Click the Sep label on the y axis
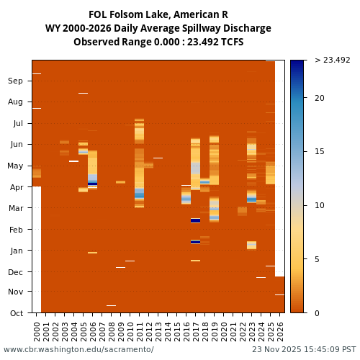point(15,81)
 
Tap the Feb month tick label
point(15,230)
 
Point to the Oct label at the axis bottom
point(15,312)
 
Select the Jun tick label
point(15,144)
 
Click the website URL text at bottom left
point(78,349)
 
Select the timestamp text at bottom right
point(304,349)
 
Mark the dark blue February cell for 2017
point(195,220)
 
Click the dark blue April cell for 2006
point(92,184)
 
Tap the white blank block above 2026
point(280,166)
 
